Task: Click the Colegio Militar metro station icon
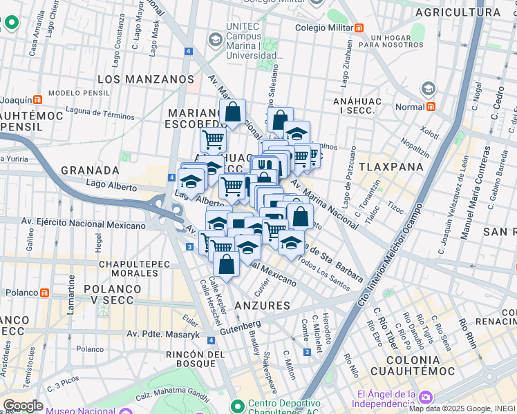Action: [359, 28]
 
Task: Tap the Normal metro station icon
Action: [431, 107]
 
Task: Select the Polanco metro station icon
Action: [45, 293]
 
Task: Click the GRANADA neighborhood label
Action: [90, 170]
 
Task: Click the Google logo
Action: [23, 406]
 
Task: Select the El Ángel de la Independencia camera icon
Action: [425, 397]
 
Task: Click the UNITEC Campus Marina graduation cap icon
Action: [216, 39]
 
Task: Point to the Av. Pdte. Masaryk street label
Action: [162, 335]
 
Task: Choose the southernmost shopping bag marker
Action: [226, 264]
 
